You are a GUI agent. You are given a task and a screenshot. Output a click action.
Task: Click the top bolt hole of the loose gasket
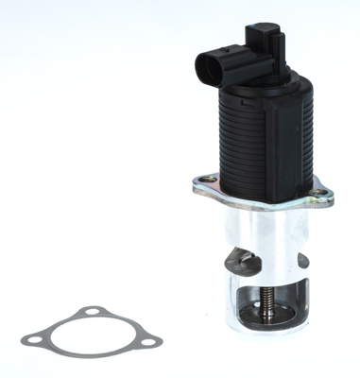89,312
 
